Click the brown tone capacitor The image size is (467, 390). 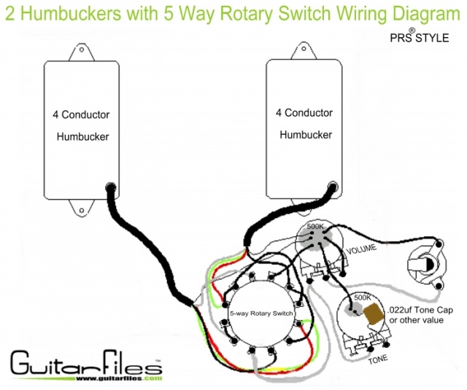point(373,313)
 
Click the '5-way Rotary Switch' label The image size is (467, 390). point(261,313)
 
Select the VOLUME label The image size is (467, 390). point(361,249)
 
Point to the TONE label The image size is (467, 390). point(378,359)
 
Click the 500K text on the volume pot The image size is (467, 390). point(315,226)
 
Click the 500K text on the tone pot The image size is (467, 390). point(363,297)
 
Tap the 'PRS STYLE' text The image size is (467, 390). point(420,36)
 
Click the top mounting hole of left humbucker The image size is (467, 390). point(81,50)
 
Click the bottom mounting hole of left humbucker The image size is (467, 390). point(82,211)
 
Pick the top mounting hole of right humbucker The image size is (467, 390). point(304,49)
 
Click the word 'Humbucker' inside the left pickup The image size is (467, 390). point(82,137)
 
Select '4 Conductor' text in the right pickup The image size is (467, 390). point(304,113)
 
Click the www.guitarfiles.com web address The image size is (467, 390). point(119,378)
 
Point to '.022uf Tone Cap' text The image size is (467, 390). point(420,310)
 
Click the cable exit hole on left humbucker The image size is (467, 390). point(111,188)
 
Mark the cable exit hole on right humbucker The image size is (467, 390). point(333,187)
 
